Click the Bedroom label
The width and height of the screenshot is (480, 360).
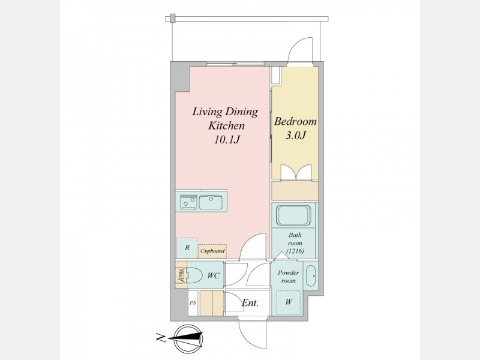coord(295,122)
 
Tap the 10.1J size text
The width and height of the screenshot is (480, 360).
coord(227,140)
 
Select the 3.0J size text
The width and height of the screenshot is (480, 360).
coord(296,136)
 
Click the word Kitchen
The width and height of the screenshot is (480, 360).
coord(227,126)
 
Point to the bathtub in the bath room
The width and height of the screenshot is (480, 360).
coord(294,215)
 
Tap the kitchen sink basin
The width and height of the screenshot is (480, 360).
coord(211,202)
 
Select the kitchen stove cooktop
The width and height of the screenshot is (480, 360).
coord(188,202)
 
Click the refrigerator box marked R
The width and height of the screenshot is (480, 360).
coord(187,248)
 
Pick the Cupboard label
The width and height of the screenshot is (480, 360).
coord(212,251)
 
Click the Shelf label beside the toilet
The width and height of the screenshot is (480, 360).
coord(181,275)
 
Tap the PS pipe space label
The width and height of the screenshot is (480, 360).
coord(193,303)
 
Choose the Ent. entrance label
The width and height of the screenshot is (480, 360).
coord(250,303)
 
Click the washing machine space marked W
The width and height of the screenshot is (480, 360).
coord(289,302)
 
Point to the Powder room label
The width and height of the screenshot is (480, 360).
coord(289,277)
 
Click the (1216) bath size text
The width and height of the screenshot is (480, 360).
coord(295,251)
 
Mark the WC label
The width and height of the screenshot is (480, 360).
coord(214,276)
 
